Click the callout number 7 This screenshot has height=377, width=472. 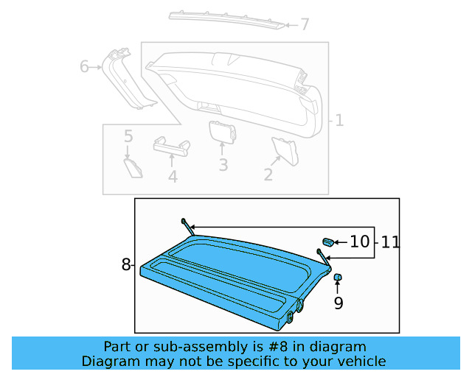(305, 25)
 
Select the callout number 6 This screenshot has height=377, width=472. (85, 67)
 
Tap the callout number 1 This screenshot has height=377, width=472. (339, 120)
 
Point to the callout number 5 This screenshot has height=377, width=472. (128, 136)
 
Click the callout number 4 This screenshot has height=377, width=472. (173, 177)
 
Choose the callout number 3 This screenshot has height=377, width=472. (223, 165)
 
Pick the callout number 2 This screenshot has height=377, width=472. (268, 175)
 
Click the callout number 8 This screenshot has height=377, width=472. (126, 264)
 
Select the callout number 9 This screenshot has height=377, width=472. (339, 302)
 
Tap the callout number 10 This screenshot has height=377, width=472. (359, 241)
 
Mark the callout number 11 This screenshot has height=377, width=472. (390, 241)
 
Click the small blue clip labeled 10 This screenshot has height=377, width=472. (328, 241)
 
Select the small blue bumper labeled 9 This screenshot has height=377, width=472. (339, 278)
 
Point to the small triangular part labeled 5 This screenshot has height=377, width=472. (133, 167)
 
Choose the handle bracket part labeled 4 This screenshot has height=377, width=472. (171, 145)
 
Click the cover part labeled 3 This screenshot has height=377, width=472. (221, 131)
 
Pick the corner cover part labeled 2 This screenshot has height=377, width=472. (285, 149)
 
